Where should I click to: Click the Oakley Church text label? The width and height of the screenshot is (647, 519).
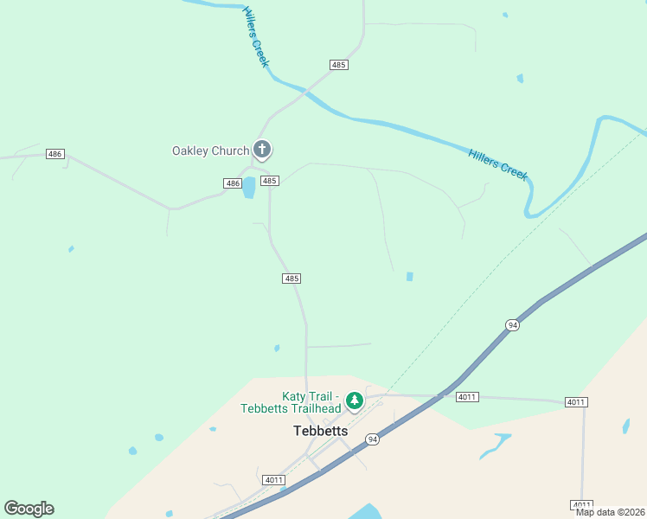tap(210, 151)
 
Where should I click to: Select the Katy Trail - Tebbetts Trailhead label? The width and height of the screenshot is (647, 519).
tap(291, 402)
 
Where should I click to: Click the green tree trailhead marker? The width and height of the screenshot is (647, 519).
tap(353, 400)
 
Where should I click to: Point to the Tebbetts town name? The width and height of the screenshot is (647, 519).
tap(320, 430)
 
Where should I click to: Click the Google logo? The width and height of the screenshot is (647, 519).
tap(29, 509)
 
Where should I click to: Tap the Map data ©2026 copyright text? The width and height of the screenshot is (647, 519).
tap(609, 512)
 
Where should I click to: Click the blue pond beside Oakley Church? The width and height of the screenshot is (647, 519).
tap(249, 188)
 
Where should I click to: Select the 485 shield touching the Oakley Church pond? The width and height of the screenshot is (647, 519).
tap(270, 181)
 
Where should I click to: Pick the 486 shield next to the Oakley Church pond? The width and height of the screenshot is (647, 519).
tap(232, 183)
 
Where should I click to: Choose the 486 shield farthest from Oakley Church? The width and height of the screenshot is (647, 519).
tap(55, 154)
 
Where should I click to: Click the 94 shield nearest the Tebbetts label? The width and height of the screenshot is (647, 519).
tap(372, 439)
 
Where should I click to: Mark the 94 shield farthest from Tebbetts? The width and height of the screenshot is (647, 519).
tap(513, 324)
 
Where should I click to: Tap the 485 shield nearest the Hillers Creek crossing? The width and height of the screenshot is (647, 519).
tap(339, 65)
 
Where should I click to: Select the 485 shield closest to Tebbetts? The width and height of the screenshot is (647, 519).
tap(291, 278)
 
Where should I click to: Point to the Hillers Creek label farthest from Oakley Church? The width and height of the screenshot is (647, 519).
tap(498, 163)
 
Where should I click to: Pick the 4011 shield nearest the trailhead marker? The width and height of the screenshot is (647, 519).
tap(467, 397)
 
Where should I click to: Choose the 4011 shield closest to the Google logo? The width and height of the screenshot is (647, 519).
tap(274, 480)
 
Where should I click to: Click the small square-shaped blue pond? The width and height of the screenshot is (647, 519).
tap(410, 277)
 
